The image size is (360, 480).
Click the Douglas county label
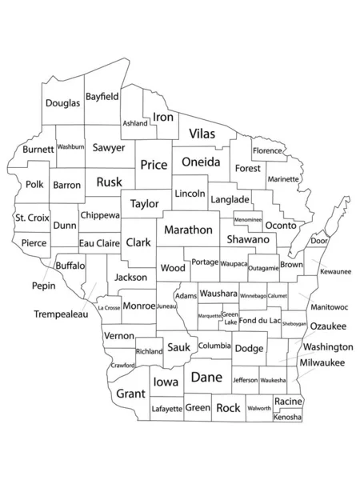(62, 103)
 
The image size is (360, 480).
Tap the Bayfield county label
(102, 96)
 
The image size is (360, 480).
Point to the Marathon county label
(189, 230)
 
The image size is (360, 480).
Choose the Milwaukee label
(322, 362)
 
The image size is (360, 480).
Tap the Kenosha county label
(288, 418)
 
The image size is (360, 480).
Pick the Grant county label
(130, 394)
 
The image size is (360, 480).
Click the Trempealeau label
(62, 315)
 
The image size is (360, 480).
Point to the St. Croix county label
(33, 218)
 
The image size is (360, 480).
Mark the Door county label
(319, 241)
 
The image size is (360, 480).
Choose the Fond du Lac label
(259, 321)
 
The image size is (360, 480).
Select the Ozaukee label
(328, 326)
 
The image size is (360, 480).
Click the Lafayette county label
(167, 408)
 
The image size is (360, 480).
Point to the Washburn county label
(70, 147)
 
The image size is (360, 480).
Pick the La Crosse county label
(109, 307)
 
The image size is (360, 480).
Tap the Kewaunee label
(336, 272)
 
